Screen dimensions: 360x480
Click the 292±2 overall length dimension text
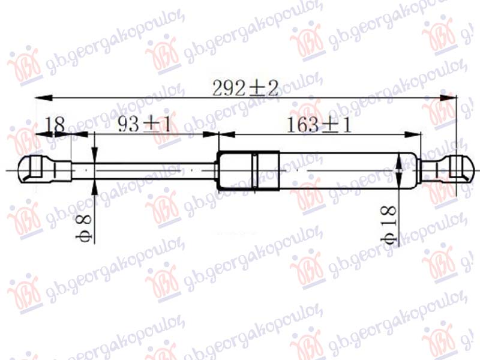(x=246, y=88)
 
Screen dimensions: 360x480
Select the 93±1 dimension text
(x=143, y=125)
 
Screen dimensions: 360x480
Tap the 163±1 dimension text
(x=319, y=125)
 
